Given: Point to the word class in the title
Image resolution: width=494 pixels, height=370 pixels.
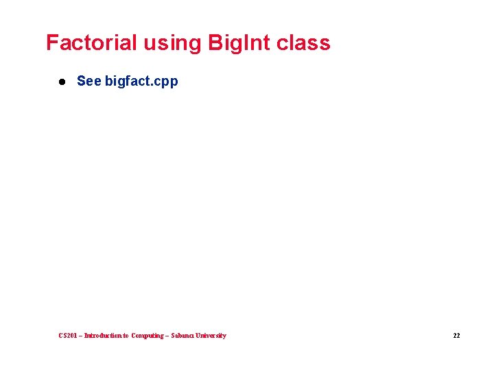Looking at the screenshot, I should tap(303, 42).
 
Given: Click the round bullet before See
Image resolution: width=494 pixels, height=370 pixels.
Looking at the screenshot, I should tap(61, 82).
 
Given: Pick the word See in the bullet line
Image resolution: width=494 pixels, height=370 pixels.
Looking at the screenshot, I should tap(89, 81).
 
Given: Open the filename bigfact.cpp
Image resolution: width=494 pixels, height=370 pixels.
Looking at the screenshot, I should tap(141, 82).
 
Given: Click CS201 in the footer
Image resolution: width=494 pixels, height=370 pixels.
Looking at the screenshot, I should tap(69, 336).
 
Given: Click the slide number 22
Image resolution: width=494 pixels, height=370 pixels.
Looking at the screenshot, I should tap(456, 336).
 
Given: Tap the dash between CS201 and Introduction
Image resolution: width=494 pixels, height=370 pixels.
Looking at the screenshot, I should tap(81, 336).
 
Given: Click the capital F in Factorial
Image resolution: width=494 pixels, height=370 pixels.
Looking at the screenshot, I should tap(51, 42).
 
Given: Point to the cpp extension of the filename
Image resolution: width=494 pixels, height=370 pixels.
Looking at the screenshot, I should tap(167, 82).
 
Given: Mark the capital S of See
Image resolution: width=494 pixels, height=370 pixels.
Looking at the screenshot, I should tap(81, 81).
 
